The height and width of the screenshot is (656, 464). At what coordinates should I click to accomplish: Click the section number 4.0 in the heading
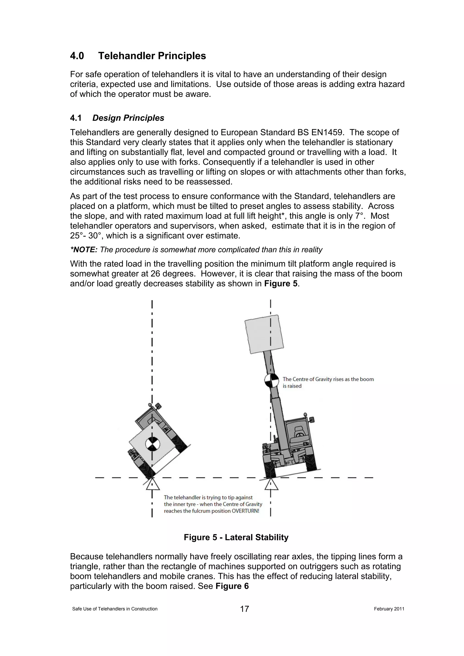[77, 56]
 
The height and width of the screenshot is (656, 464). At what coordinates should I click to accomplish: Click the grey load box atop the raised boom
[264, 334]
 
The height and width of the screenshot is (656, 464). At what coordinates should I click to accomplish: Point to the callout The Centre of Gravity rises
[328, 379]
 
